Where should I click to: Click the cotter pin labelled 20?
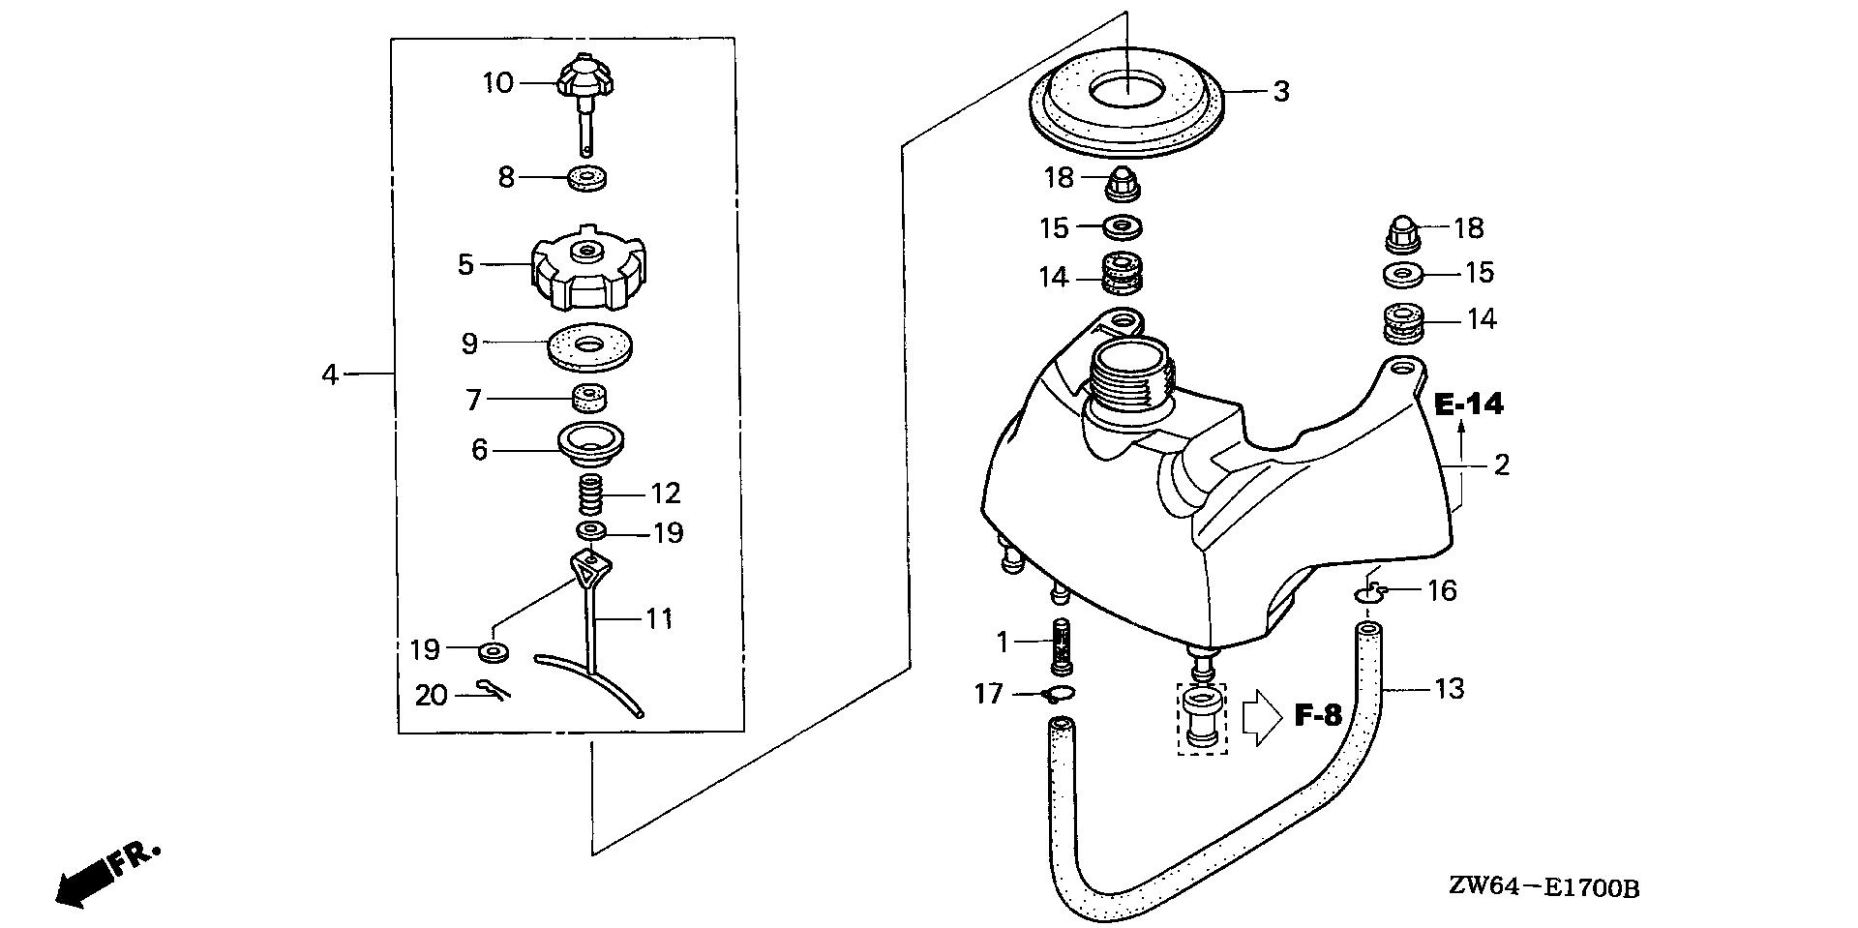coord(494,690)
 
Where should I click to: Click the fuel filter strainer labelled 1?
coord(1064,644)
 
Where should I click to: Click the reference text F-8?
coord(1318,716)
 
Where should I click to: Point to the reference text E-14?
coord(1468,404)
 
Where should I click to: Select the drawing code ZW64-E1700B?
coord(1543,888)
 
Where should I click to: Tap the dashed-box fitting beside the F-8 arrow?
coord(1202,718)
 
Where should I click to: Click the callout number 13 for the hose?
coord(1449,690)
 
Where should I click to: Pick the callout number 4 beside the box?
coord(331,374)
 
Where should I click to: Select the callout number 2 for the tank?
coord(1501,465)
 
